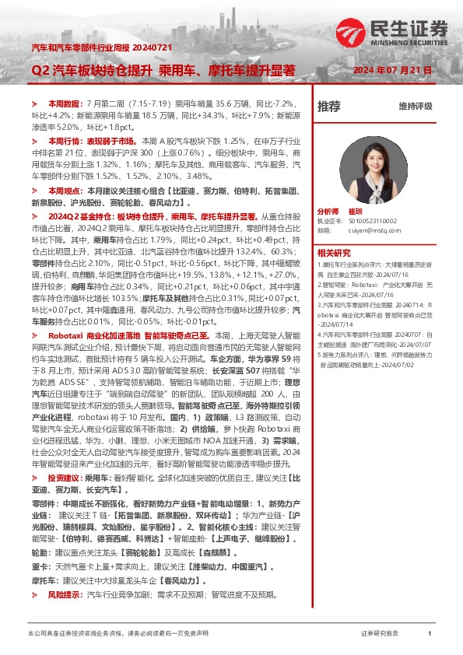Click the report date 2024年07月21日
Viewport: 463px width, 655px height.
(x=392, y=71)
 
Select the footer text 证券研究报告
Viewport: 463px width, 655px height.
(x=380, y=634)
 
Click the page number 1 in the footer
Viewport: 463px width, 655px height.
(x=430, y=634)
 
